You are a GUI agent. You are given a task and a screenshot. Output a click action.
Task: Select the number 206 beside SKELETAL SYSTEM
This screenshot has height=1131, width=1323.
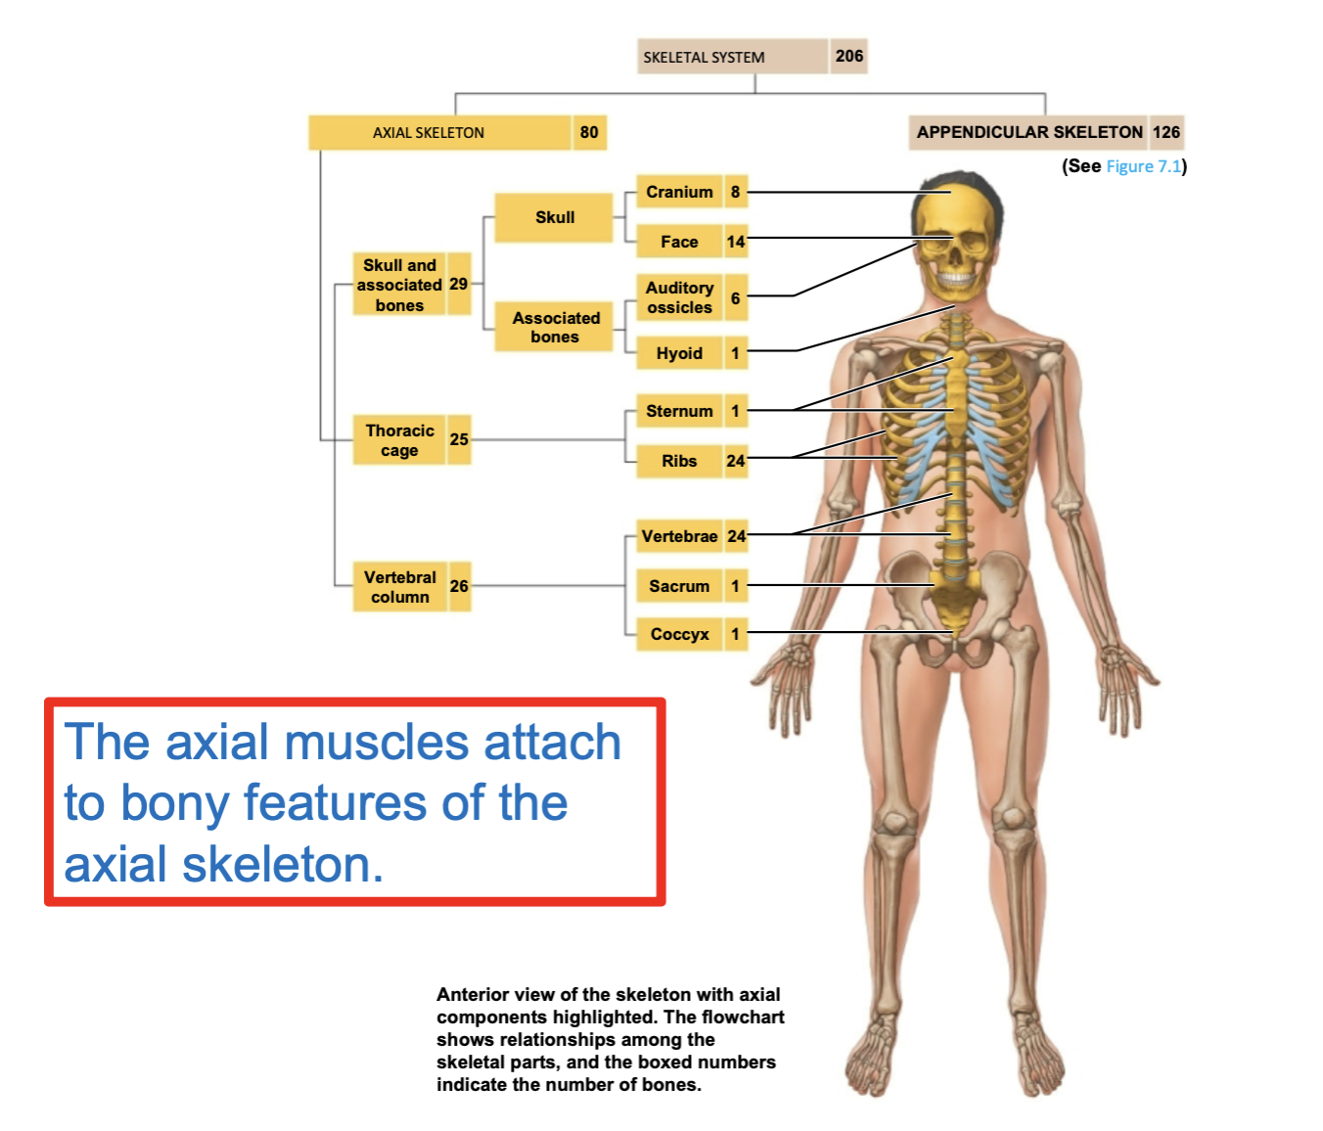coord(848,56)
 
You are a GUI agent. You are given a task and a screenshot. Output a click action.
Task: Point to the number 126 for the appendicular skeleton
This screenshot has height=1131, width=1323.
coord(1165,132)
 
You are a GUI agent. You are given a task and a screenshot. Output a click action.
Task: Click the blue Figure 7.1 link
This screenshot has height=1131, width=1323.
coord(1143,166)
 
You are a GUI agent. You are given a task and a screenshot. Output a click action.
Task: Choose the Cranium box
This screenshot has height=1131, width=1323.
coord(679,192)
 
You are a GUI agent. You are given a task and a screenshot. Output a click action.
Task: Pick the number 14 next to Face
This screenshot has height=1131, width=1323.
coord(736,242)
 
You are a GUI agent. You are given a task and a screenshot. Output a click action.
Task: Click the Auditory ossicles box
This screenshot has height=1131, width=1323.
coord(679,297)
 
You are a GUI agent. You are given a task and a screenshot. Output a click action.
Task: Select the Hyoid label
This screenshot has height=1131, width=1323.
coord(679,353)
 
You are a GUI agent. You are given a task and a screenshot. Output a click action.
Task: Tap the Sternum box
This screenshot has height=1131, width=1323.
coord(679,411)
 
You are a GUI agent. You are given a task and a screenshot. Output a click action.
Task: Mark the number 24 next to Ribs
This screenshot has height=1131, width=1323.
coord(736,461)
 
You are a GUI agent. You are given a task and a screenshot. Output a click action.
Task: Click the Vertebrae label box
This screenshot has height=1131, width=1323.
coord(679,536)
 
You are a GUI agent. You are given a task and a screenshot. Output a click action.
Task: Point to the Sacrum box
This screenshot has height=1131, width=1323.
coord(679,586)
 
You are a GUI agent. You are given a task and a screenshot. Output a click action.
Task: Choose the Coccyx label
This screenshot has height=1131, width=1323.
coord(679,634)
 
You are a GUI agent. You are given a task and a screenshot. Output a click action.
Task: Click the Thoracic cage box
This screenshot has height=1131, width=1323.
coord(399,440)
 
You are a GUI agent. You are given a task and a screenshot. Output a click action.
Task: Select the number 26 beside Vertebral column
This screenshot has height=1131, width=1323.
coord(459,586)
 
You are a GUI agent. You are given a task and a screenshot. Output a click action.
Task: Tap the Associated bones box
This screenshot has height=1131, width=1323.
coord(555,327)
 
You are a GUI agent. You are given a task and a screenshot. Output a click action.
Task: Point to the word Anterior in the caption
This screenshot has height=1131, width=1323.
coord(474,994)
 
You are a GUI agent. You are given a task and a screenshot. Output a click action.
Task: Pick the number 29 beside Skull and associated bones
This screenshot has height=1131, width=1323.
coord(458,285)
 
